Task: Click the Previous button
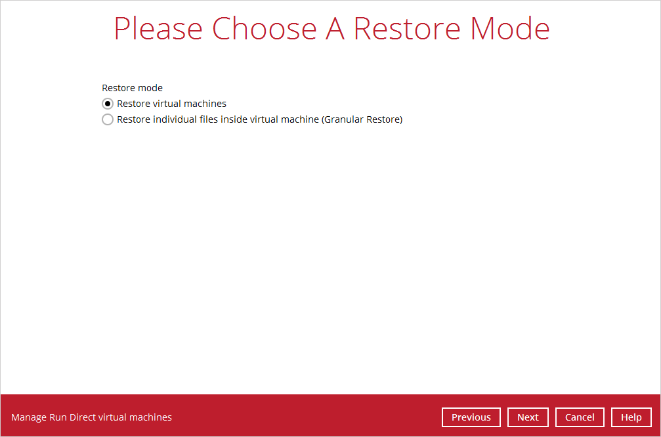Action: click(471, 417)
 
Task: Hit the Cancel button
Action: click(580, 417)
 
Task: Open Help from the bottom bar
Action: click(631, 417)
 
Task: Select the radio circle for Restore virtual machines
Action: click(108, 104)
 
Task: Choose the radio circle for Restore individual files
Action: click(108, 119)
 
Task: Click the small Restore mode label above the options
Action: click(133, 88)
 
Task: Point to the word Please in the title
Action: click(158, 29)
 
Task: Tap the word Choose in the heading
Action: click(265, 29)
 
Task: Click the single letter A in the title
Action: click(335, 29)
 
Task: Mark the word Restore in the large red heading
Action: click(407, 29)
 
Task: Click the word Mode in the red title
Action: click(510, 29)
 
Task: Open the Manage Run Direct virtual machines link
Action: click(91, 417)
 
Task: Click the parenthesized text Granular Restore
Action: click(362, 119)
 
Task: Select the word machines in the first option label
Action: click(205, 104)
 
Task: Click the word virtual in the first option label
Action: click(167, 104)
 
